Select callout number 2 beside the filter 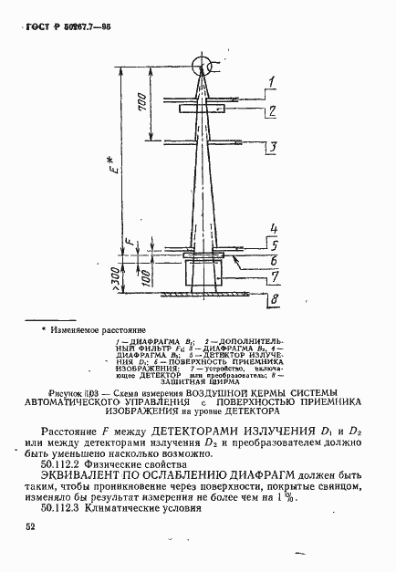coord(271,112)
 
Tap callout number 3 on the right coord(271,145)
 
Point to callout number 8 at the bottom coord(272,298)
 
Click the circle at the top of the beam coord(201,67)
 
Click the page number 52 coord(31,526)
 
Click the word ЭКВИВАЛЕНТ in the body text coord(90,475)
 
